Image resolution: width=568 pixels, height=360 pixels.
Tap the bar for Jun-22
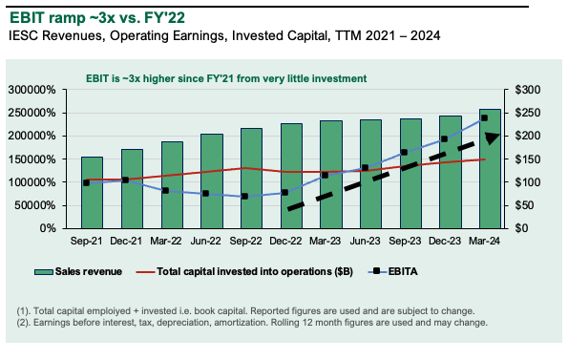(211, 181)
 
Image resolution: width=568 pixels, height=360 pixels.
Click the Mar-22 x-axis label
(172, 242)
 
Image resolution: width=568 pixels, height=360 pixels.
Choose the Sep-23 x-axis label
(410, 242)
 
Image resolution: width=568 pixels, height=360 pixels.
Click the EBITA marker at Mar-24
(484, 117)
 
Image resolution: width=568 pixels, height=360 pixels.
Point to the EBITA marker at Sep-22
(244, 196)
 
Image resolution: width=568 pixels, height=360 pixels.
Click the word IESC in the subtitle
(25, 36)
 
